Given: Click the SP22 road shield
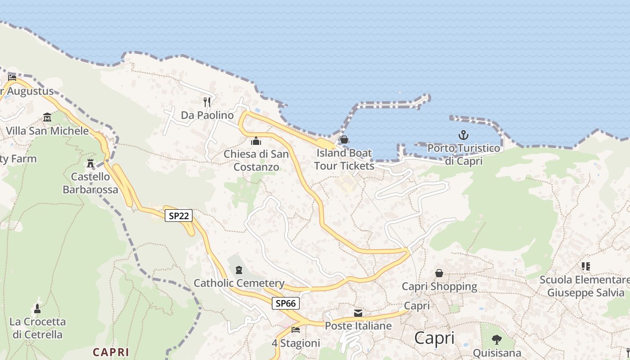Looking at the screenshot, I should [179, 216].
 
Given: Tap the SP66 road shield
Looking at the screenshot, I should [286, 303].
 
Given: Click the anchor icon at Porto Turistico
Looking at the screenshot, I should [463, 135].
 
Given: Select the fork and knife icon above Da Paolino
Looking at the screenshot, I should [207, 102].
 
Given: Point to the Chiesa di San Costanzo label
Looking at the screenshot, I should [256, 160].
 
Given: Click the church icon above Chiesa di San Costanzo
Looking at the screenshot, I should [256, 141].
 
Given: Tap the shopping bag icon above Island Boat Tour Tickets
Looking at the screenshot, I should [344, 139].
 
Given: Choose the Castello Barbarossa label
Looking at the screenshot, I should [90, 183].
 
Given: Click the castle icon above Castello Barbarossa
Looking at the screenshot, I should [90, 163].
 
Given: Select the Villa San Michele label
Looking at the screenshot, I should [47, 131].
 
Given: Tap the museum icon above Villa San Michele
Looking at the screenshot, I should [47, 118].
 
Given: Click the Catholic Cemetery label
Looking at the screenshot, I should [239, 283].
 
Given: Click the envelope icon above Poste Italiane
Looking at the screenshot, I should [358, 313].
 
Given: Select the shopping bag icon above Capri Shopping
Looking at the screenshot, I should [439, 273].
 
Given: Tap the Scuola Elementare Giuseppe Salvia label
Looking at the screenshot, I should [585, 286].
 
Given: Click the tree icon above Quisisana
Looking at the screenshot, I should [497, 340].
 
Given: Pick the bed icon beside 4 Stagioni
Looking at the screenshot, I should [296, 330].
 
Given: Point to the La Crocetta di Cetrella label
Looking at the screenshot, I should [38, 328].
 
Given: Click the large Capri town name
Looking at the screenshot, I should [434, 337].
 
